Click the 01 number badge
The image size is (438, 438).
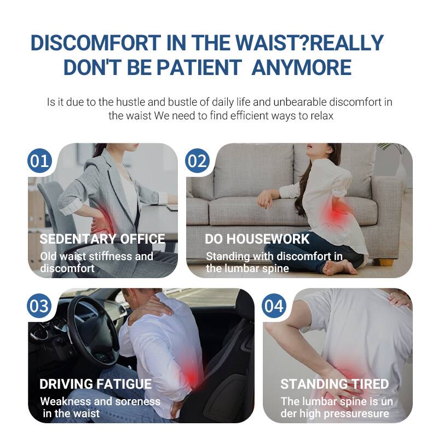pos(40,162)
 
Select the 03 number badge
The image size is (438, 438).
pos(39,306)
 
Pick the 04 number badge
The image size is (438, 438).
pos(274,306)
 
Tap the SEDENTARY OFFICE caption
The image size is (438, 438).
pos(102,239)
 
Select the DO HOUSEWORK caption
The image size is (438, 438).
pos(257,239)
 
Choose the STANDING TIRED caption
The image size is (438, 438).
pos(335,384)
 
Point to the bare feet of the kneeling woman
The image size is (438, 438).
pos(339,268)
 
